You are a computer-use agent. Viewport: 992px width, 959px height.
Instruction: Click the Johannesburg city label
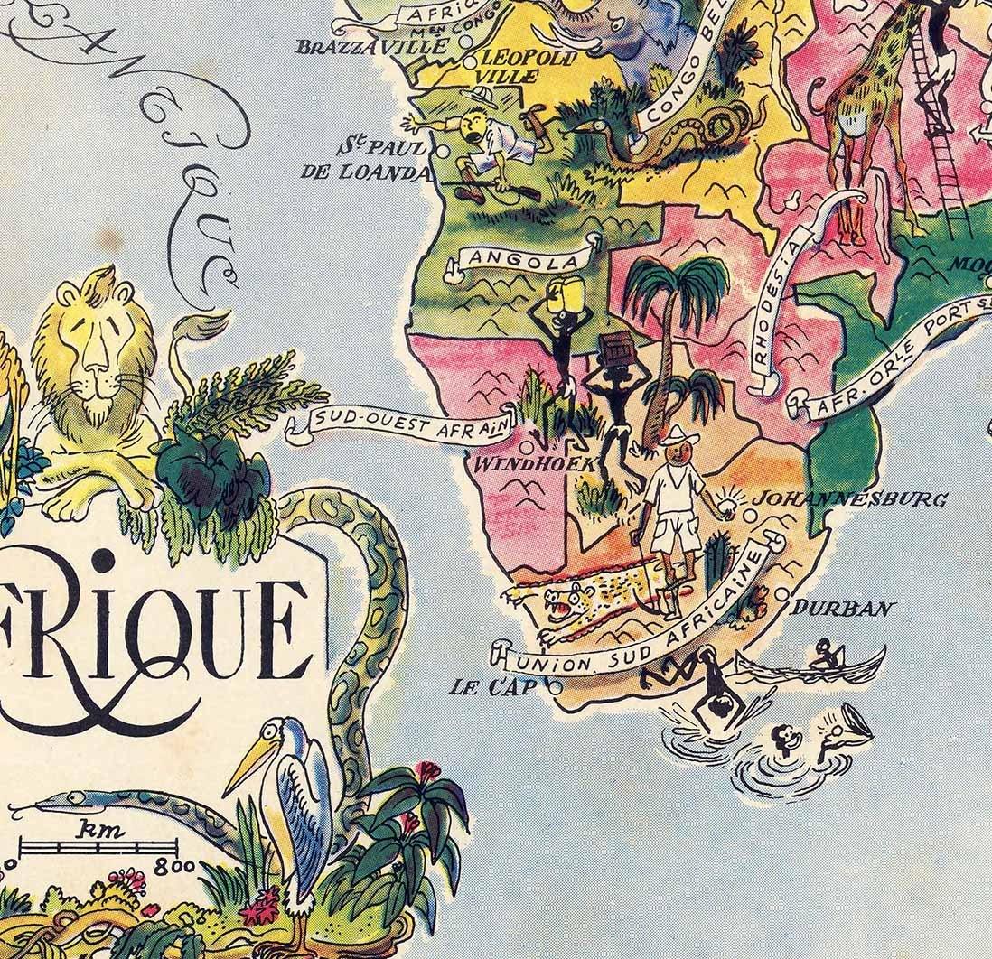click(x=849, y=498)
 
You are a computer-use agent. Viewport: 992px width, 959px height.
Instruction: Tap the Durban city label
click(x=842, y=608)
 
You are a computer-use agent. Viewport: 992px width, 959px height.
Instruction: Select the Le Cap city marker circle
click(x=555, y=687)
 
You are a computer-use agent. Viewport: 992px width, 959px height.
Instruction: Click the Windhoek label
click(x=536, y=464)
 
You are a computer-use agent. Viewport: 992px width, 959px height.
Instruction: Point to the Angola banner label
click(x=520, y=260)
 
